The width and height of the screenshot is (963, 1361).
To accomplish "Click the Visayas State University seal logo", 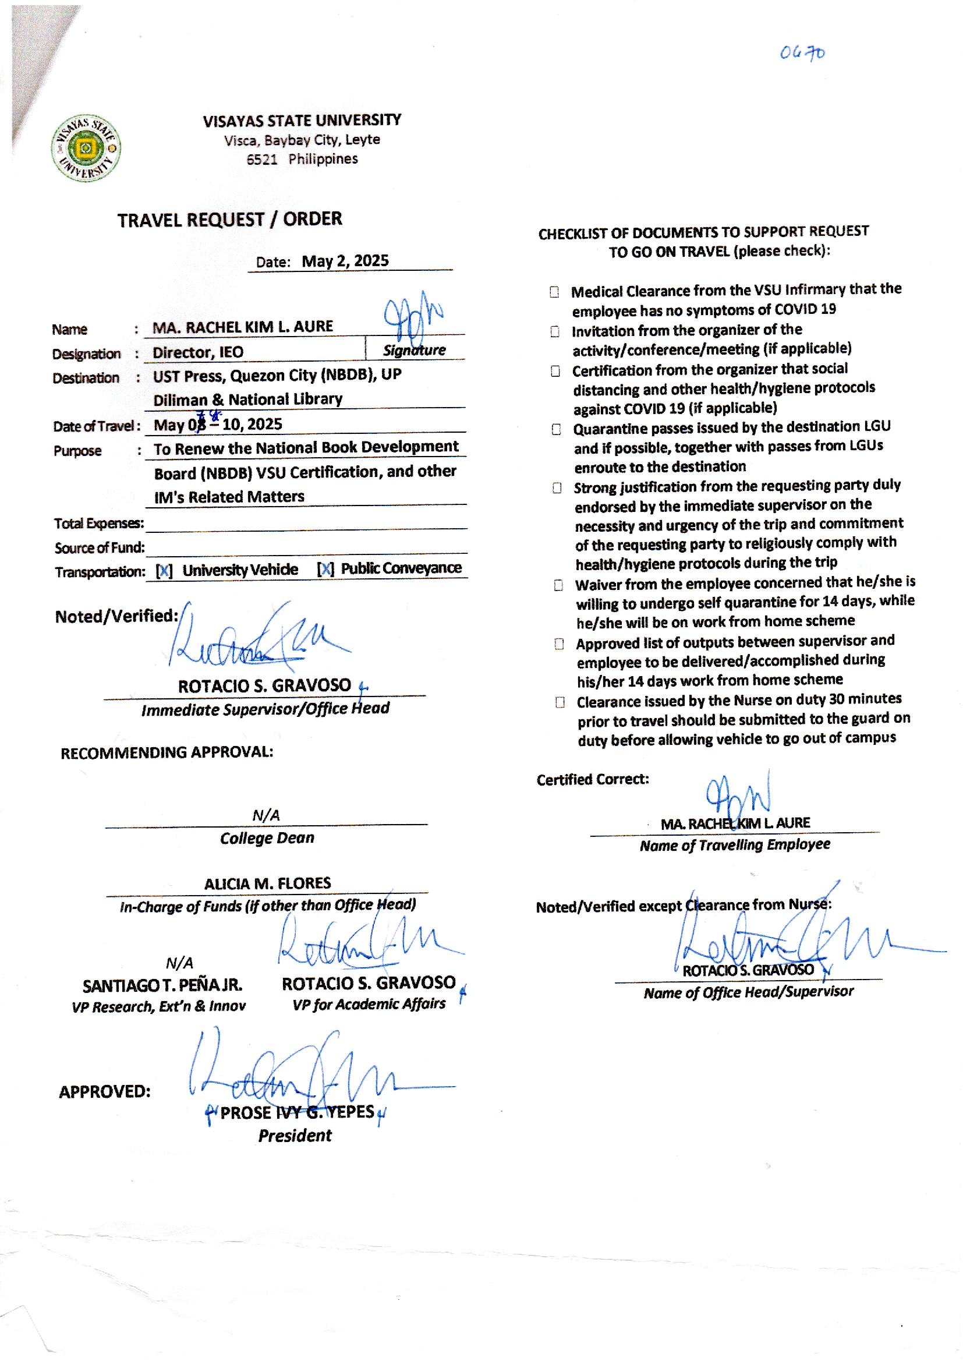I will click(x=86, y=148).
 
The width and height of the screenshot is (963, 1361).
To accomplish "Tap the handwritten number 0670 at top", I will click(x=802, y=53).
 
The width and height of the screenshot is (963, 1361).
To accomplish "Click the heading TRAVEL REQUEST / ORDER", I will click(x=229, y=220).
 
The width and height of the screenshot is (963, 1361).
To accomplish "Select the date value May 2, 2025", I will click(x=345, y=261).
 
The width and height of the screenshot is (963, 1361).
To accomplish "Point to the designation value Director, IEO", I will click(x=198, y=352).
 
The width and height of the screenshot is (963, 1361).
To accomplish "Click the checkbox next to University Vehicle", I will click(x=164, y=571).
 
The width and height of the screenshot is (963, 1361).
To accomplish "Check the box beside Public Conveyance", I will click(x=325, y=570).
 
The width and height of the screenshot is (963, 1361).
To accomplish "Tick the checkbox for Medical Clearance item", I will click(x=554, y=292).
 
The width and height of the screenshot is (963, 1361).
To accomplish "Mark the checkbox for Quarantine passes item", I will click(x=556, y=429).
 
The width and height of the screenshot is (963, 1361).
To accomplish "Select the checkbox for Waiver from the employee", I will click(x=558, y=586).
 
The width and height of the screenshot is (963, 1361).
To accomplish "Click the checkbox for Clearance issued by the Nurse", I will click(x=560, y=703).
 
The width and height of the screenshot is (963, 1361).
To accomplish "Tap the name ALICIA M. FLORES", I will click(x=267, y=883).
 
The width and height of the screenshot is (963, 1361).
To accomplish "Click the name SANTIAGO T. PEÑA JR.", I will click(x=162, y=985).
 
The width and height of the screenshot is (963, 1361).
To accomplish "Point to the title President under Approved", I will click(x=295, y=1136).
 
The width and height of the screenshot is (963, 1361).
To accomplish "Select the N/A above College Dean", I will click(x=265, y=815).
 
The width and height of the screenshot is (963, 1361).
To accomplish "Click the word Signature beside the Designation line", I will click(x=414, y=350).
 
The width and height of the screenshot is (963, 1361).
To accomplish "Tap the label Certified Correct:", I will click(x=592, y=780).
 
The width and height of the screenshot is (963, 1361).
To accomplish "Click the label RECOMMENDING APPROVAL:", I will click(x=167, y=752).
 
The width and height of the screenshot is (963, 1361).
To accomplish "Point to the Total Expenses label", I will click(x=99, y=524).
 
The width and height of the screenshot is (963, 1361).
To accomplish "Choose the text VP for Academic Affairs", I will click(x=369, y=1004).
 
